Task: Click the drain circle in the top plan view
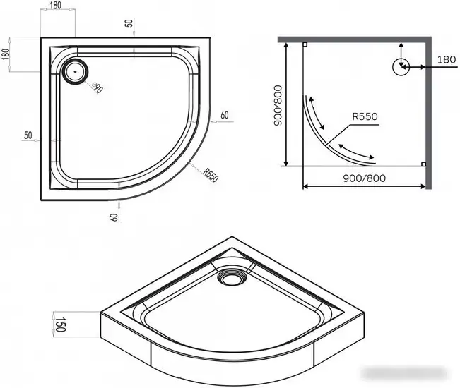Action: pyautogui.click(x=74, y=71)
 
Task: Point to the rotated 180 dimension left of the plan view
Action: pyautogui.click(x=6, y=54)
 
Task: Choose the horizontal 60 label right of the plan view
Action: pyautogui.click(x=224, y=115)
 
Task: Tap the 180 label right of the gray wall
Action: pyautogui.click(x=447, y=60)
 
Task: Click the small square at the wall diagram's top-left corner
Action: pyautogui.click(x=305, y=44)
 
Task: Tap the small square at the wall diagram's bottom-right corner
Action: pyautogui.click(x=422, y=164)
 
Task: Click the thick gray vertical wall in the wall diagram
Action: pyautogui.click(x=427, y=113)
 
